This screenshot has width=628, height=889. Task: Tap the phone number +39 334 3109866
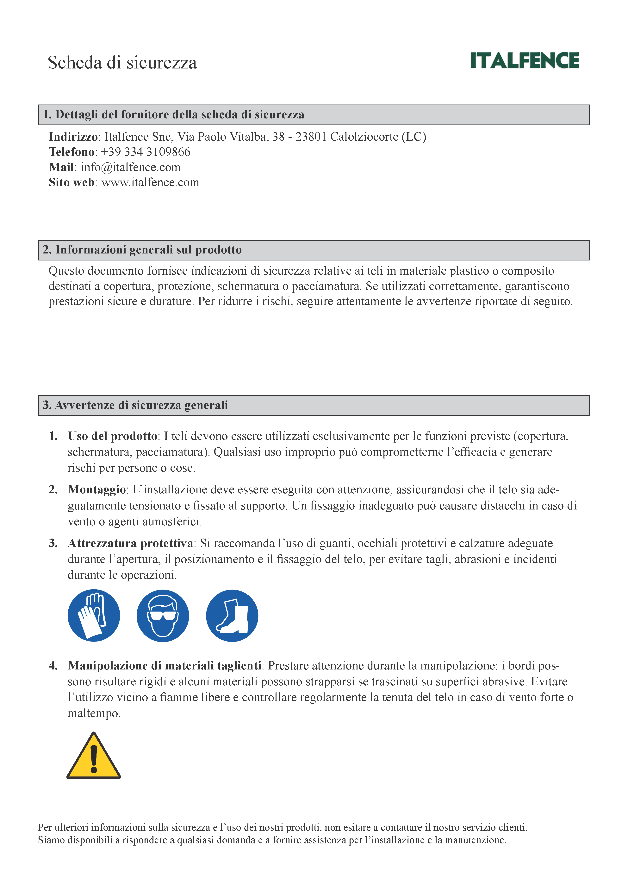tap(146, 152)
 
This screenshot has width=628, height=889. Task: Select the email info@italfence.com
tap(130, 167)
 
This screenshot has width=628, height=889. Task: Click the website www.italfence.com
tap(150, 182)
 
